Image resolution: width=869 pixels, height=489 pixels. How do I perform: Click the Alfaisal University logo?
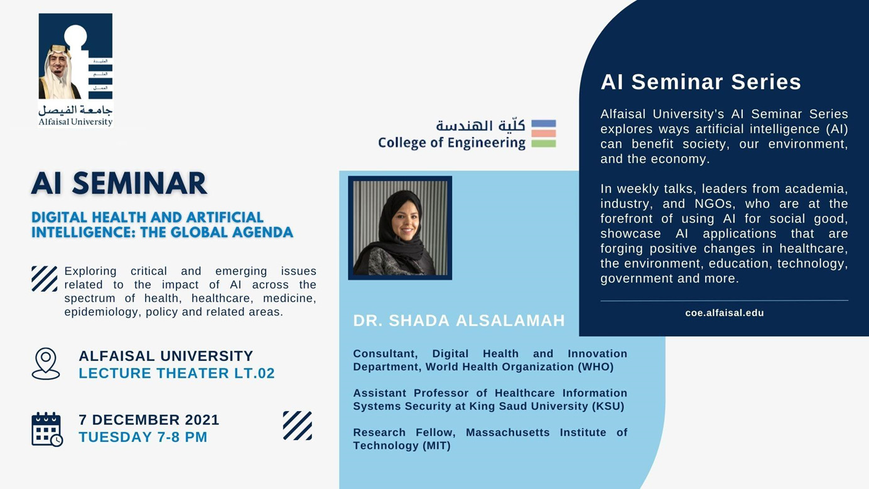[x=75, y=70]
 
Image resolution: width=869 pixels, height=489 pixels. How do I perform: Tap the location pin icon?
[x=46, y=363]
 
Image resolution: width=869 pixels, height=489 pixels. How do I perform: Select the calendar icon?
[x=47, y=429]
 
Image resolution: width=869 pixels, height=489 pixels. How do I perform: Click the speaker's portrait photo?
[x=400, y=228]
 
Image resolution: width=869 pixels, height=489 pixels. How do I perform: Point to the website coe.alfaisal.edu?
[x=725, y=313]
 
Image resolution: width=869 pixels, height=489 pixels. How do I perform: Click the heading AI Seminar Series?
[x=701, y=82]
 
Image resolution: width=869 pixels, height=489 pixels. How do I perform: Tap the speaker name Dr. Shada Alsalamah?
[x=459, y=321]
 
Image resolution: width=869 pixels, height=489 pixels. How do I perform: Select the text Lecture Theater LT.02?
[x=176, y=373]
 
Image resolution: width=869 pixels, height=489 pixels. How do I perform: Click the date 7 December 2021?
[x=149, y=420]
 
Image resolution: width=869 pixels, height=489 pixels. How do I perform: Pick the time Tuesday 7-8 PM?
[x=143, y=437]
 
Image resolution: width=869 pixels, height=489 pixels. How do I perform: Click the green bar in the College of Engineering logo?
[x=544, y=144]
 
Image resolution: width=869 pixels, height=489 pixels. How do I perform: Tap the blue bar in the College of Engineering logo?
[x=544, y=124]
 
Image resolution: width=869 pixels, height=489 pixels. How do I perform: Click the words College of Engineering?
[x=451, y=143]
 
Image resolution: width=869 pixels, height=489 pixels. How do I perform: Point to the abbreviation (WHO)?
[x=595, y=367]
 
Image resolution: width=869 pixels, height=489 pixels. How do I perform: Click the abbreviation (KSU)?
[x=608, y=406]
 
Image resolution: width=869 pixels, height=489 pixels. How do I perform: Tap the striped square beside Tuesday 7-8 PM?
[x=298, y=426]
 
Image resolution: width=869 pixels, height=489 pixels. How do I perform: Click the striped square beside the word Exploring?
[x=45, y=279]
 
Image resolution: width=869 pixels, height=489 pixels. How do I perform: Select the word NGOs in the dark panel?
[x=714, y=204]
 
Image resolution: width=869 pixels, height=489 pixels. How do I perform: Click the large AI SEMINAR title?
[x=119, y=184]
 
